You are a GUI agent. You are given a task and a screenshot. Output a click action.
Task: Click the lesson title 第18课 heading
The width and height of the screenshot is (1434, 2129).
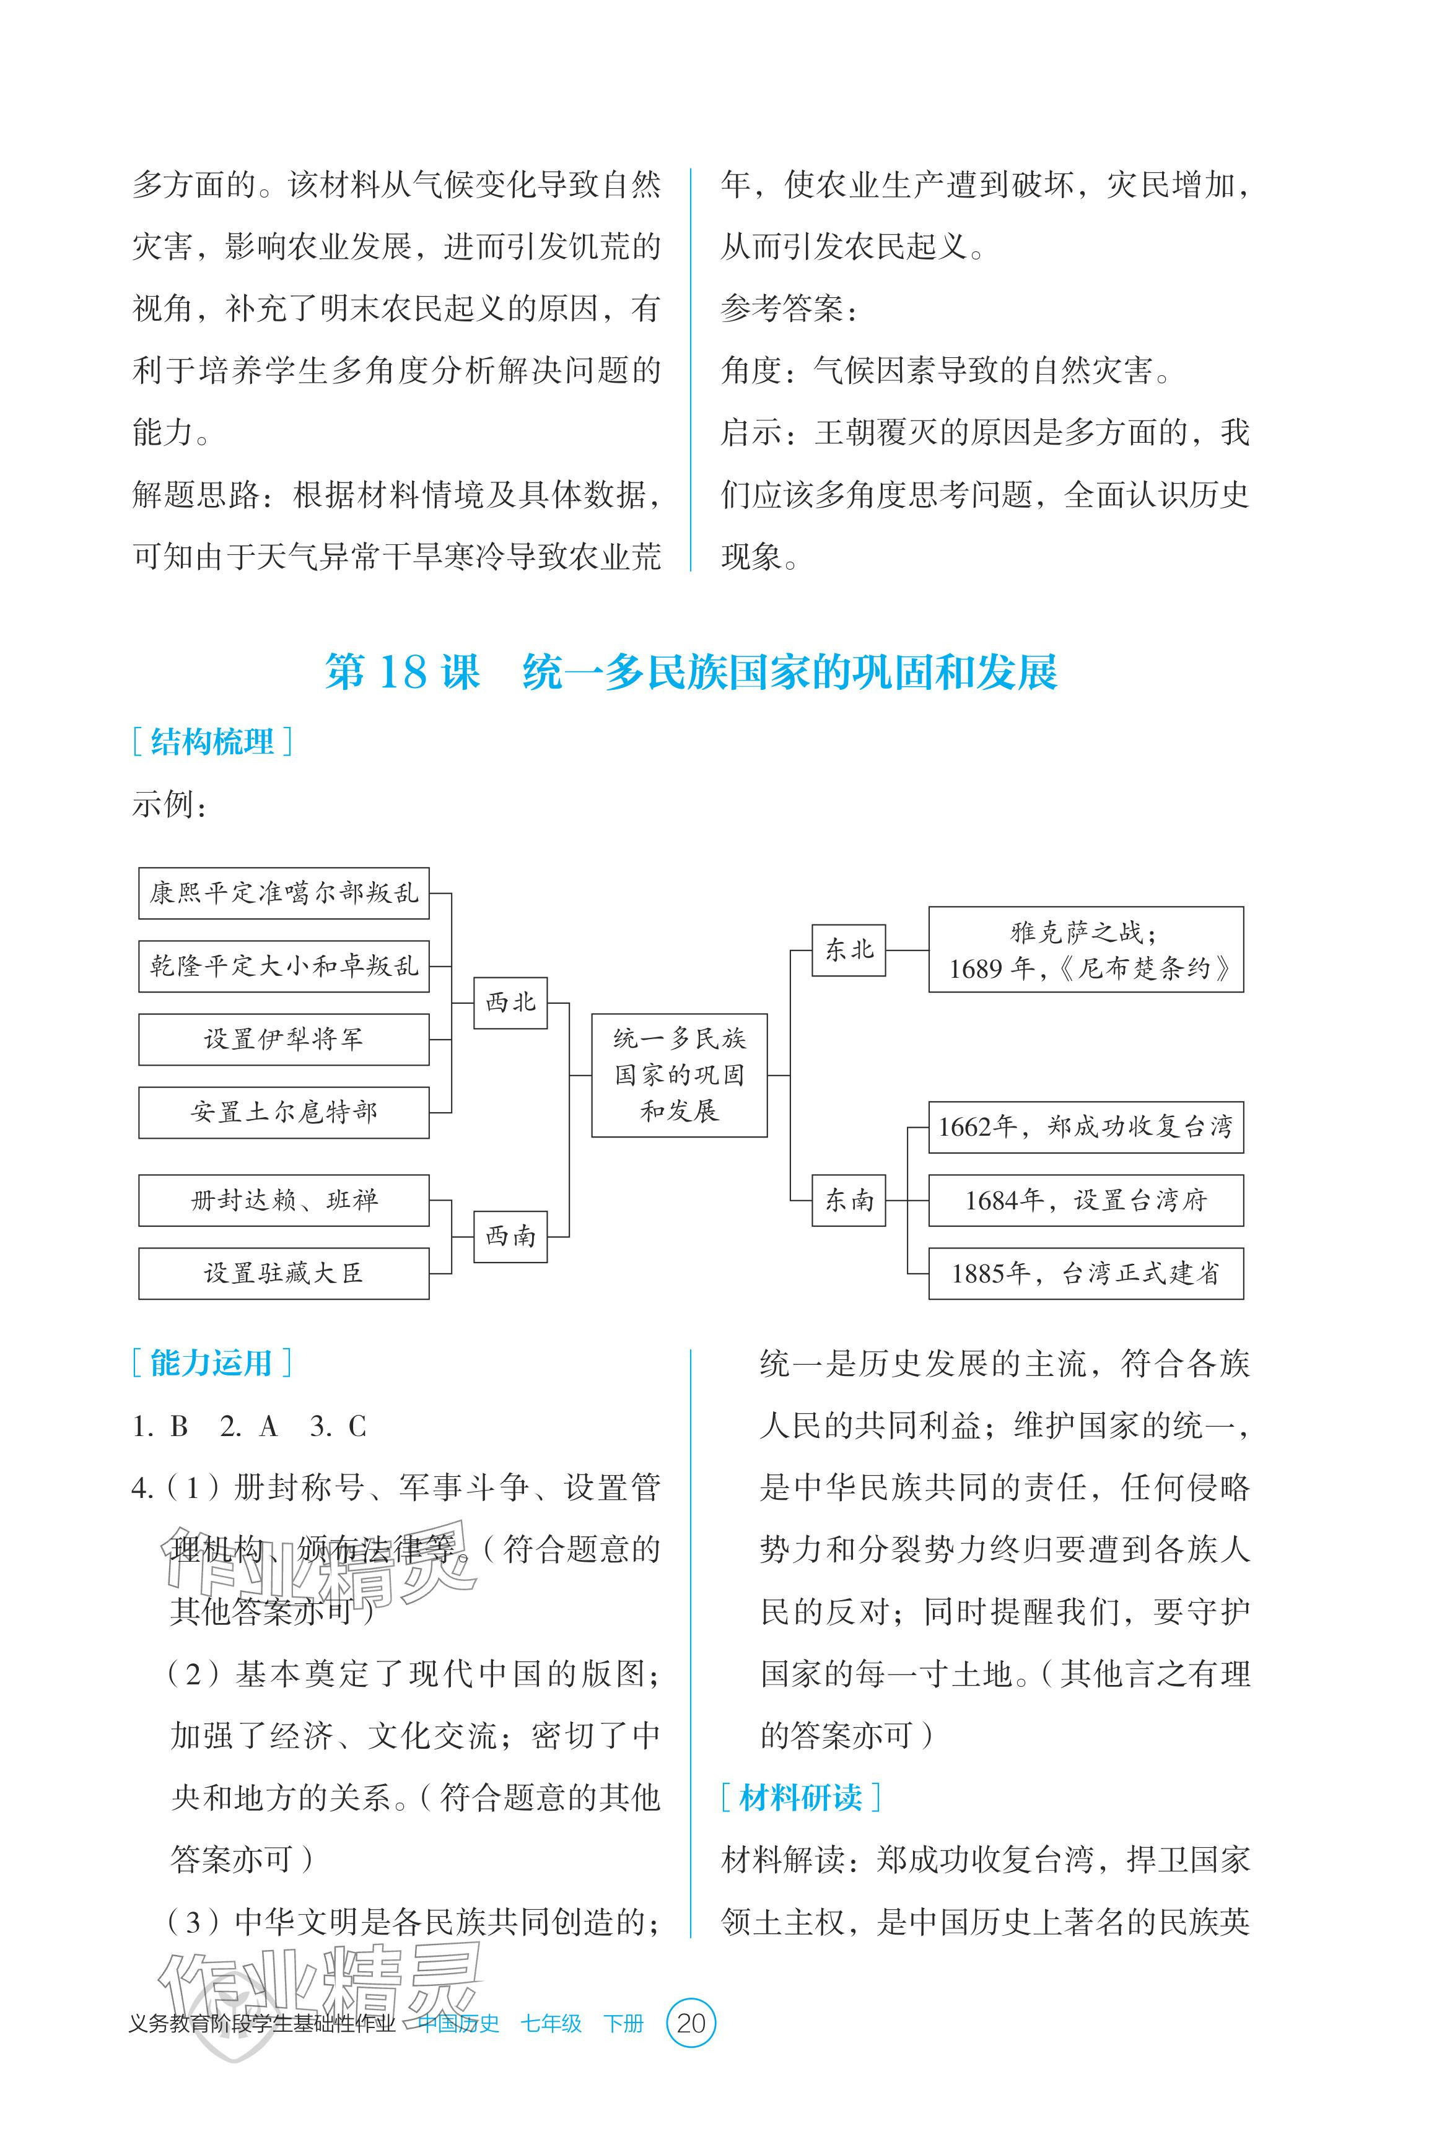[691, 673]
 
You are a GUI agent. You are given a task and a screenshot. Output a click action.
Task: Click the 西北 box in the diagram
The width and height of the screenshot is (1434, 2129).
[510, 1003]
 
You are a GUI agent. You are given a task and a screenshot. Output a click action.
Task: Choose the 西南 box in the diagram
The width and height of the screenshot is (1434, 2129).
[510, 1237]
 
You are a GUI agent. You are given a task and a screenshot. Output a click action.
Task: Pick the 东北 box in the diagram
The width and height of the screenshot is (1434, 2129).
[849, 950]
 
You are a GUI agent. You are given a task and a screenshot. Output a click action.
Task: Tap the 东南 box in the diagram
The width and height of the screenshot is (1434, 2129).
[849, 1200]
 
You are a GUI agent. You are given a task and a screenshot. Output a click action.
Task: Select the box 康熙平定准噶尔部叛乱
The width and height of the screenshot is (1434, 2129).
[284, 893]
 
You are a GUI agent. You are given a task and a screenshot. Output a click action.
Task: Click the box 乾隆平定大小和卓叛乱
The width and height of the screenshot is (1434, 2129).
[284, 966]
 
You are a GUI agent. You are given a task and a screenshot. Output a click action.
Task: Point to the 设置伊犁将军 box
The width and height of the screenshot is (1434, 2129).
[284, 1039]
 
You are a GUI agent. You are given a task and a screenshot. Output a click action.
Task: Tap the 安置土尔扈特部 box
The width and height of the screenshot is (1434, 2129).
[284, 1112]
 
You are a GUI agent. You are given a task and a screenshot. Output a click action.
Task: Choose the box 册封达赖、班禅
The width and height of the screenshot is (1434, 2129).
[284, 1200]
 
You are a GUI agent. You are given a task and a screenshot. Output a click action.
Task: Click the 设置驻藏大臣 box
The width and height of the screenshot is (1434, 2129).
[284, 1273]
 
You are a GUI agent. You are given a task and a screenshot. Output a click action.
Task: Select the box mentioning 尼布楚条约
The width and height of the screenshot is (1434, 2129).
[1085, 950]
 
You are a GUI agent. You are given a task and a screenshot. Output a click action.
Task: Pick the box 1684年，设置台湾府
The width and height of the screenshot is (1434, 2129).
[1085, 1200]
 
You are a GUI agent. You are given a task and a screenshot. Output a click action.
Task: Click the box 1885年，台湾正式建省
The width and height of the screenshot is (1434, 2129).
[1085, 1273]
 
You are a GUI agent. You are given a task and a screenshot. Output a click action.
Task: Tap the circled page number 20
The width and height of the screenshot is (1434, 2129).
[691, 2023]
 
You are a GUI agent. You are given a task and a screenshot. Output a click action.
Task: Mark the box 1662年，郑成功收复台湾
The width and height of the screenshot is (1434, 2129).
[1085, 1127]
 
